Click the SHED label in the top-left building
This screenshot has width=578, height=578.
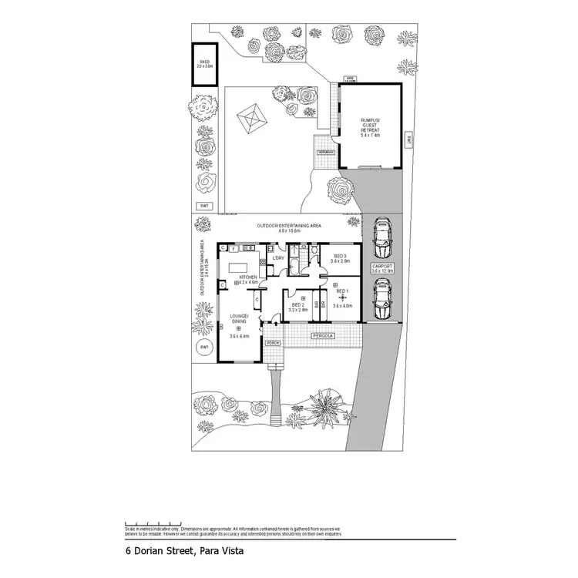[x=204, y=63]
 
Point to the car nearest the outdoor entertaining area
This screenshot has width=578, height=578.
[x=381, y=240]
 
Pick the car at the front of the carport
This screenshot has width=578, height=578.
[x=381, y=299]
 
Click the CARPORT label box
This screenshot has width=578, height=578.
[x=382, y=269]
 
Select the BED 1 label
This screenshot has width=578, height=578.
[x=341, y=291]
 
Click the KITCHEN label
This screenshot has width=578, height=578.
[x=248, y=277]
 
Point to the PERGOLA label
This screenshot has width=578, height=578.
[x=322, y=336]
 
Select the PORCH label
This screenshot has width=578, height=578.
[x=274, y=343]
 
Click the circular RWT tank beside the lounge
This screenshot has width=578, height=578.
[x=204, y=348]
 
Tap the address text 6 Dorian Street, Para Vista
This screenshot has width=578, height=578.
[x=183, y=551]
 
